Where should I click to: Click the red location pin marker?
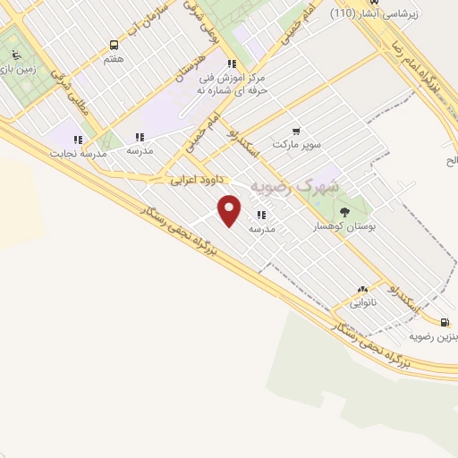tap(230, 210)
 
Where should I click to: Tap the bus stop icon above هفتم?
tap(114, 45)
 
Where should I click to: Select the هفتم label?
tap(114, 58)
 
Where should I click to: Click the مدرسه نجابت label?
tap(77, 153)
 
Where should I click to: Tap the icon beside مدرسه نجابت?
tap(78, 140)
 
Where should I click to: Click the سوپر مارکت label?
tap(296, 144)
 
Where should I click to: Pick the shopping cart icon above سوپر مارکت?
tap(296, 131)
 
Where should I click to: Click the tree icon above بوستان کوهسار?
tap(345, 211)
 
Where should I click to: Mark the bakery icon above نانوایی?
tap(362, 290)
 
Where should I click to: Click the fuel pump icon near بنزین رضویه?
tap(445, 322)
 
